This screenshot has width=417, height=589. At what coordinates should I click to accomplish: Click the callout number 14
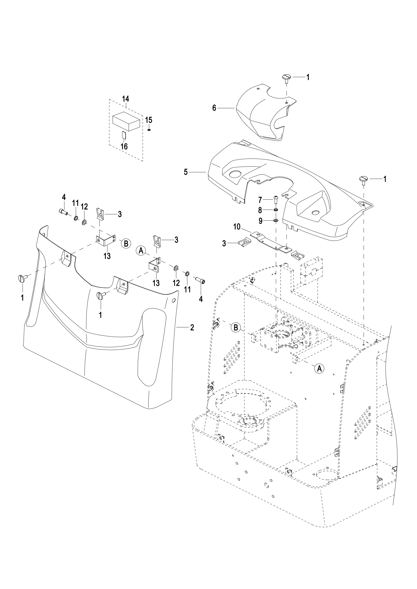coord(126,99)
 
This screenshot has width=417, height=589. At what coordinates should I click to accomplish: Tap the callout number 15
coord(149,120)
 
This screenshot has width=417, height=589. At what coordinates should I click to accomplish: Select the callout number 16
coord(124,147)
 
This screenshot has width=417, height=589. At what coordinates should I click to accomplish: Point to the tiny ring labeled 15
coord(149,130)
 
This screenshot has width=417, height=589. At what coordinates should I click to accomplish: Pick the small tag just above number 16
coord(124,135)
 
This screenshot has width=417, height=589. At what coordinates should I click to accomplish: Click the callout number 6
coord(214,108)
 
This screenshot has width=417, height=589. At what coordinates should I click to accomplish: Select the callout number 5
coord(186,172)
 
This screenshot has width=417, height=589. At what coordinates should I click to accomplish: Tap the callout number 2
coord(192,328)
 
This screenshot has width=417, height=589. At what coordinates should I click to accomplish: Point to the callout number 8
coord(260,210)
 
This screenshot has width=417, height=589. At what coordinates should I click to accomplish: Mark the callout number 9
coord(260,221)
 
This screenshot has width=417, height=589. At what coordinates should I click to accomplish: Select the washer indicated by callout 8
coord(276,210)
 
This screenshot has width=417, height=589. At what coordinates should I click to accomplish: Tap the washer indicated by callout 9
coord(276,220)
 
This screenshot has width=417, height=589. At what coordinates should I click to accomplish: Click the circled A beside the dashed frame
coord(319,368)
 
